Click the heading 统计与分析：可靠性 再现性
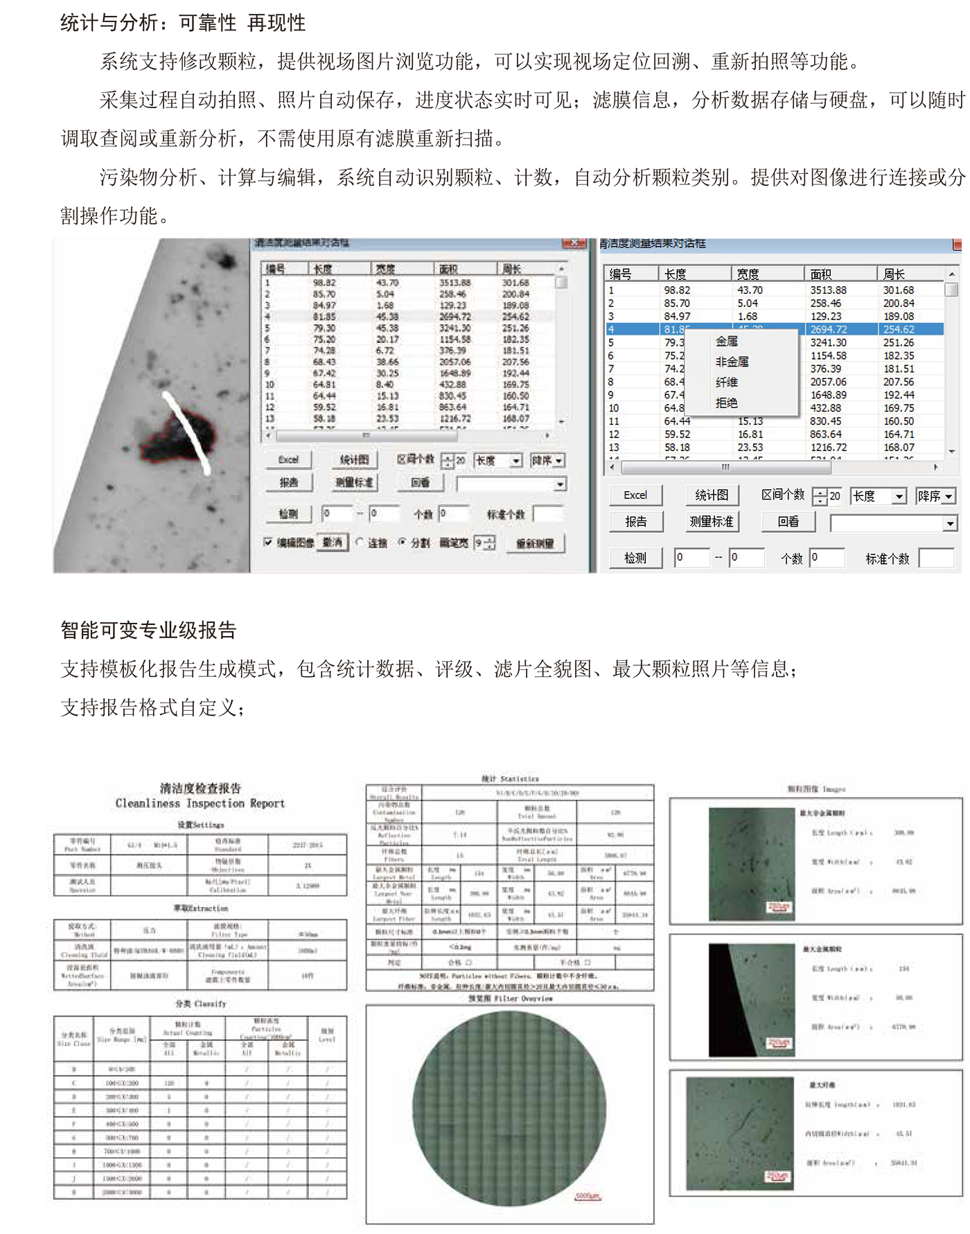coord(183,23)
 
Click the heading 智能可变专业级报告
coord(148,630)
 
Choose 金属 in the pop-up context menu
coord(727,341)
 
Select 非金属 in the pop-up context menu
coord(732,362)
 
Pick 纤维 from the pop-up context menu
coord(727,382)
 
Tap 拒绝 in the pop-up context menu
coord(727,403)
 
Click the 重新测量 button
coord(534,544)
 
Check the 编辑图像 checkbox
coord(268,543)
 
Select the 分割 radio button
coord(402,543)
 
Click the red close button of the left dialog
coord(574,243)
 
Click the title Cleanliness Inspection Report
coord(200,803)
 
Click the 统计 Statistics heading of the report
coord(509,779)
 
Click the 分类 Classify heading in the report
coord(200,1003)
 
